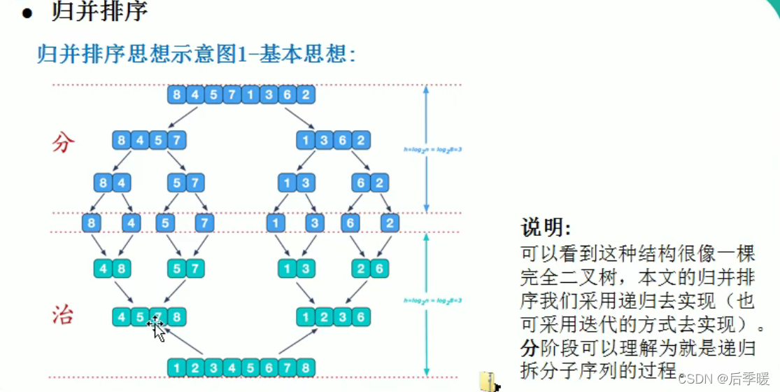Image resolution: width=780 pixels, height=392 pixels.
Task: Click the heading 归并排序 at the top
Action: (99, 12)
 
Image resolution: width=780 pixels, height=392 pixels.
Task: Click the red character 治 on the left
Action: (63, 316)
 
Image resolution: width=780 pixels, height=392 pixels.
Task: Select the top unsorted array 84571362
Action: (241, 94)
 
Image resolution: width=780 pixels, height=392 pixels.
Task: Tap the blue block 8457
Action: (149, 140)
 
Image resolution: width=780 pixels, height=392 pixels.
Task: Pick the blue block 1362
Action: (333, 140)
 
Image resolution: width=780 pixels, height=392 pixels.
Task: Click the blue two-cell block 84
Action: (112, 183)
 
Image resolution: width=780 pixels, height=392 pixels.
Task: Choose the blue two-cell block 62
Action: (370, 183)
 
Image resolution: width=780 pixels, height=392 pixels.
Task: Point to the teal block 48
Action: (112, 269)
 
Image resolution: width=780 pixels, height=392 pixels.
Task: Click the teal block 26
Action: (370, 269)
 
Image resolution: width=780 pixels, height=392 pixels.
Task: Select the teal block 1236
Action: (333, 317)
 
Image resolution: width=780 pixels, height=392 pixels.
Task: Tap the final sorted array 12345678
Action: (241, 367)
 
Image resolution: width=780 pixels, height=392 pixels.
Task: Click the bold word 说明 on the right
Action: (546, 228)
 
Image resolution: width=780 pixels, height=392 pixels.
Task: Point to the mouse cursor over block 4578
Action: (157, 327)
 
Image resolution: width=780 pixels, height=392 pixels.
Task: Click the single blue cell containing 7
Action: (204, 224)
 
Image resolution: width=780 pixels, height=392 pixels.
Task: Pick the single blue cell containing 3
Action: (314, 224)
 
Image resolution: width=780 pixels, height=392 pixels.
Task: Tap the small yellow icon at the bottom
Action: (488, 381)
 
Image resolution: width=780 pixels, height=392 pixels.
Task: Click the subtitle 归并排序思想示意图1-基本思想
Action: (197, 55)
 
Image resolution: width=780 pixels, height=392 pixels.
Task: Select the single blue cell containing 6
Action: (350, 224)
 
